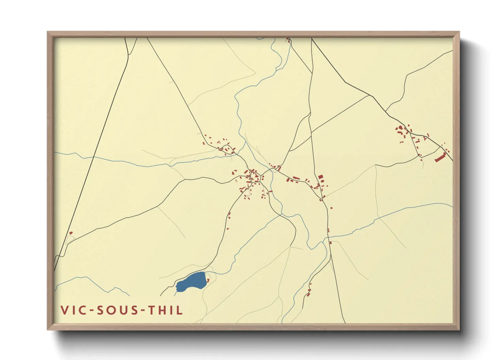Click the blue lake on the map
coord(191,282)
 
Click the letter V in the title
coord(64,310)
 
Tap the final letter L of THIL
coord(180,310)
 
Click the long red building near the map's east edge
coord(440,157)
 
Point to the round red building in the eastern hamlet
coord(400,128)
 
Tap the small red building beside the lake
coord(208,280)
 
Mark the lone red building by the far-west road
coord(71,233)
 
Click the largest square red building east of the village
coord(320,177)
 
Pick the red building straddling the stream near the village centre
coord(271,192)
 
